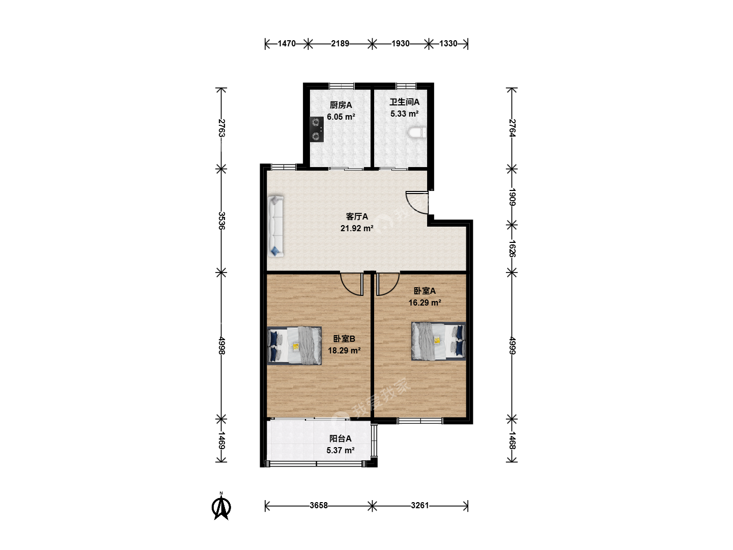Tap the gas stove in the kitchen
point(317,129)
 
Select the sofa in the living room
point(275,227)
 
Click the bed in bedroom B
point(294,345)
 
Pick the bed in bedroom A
point(438,341)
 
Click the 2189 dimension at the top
point(340,44)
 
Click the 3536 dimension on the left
point(221,221)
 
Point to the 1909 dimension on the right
point(512,197)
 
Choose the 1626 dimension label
point(512,249)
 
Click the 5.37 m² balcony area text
point(341,451)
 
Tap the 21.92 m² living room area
point(357,229)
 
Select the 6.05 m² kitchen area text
point(341,117)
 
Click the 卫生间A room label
point(404,102)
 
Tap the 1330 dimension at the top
point(448,44)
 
